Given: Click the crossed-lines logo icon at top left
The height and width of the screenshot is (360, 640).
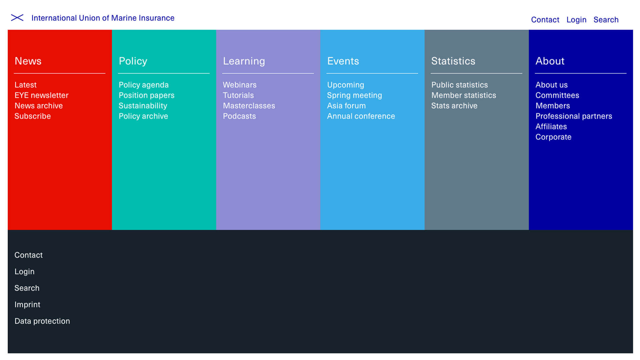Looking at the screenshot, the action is click(17, 18).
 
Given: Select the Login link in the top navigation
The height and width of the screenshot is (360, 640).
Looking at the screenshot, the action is click(576, 20).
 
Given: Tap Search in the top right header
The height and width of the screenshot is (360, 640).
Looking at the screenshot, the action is click(606, 20).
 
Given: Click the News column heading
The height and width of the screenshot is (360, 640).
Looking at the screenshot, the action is click(28, 61).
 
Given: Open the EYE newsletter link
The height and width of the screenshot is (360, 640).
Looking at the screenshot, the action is click(41, 95).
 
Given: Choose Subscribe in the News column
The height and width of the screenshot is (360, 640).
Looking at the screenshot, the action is click(33, 116).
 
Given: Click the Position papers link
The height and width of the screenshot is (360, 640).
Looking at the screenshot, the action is click(146, 96).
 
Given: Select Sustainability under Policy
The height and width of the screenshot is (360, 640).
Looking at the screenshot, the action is click(143, 106).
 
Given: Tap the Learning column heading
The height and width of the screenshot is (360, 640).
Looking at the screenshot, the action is click(244, 61).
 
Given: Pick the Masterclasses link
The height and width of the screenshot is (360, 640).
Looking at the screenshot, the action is click(249, 106).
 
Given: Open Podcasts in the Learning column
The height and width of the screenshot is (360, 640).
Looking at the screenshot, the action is click(239, 116).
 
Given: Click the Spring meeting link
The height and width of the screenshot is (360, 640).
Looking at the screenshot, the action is click(354, 96).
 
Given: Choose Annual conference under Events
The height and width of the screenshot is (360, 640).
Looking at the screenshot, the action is click(361, 116).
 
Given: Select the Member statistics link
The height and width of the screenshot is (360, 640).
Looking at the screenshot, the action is click(464, 95).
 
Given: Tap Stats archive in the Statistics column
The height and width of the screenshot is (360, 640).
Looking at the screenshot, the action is click(454, 106).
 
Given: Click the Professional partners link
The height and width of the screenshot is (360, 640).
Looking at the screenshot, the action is click(574, 116).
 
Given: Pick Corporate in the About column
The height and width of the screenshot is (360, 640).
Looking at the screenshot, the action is click(553, 137).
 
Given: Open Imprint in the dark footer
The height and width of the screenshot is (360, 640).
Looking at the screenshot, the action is click(27, 305).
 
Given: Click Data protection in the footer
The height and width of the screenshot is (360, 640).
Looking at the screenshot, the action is click(42, 321).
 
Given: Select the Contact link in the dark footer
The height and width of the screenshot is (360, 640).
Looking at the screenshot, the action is click(29, 255).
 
